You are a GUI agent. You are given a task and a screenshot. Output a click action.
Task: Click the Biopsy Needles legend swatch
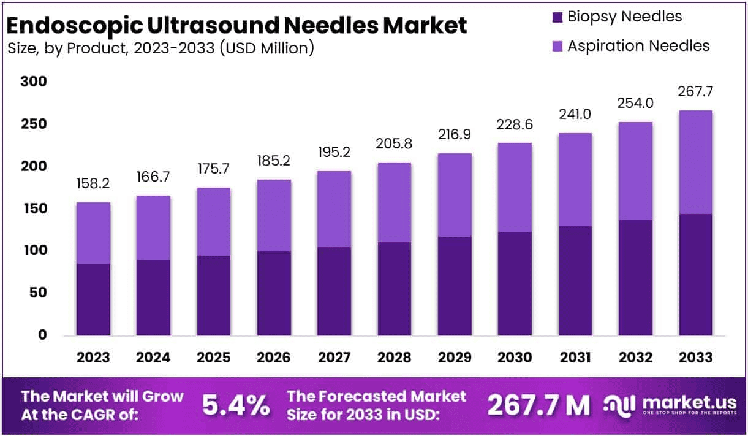[557, 17]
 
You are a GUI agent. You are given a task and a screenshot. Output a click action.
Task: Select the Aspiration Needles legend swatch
[557, 46]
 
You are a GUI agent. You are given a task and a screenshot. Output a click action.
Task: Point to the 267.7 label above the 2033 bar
[696, 92]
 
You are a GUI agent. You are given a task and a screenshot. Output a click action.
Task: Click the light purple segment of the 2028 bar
[394, 202]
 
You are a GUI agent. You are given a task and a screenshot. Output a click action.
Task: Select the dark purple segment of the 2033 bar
[696, 275]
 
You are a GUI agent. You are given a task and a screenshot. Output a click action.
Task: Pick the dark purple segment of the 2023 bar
[94, 300]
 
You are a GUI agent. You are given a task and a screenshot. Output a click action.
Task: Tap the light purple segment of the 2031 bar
[575, 180]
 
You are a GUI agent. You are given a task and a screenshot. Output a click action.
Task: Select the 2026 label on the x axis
[274, 358]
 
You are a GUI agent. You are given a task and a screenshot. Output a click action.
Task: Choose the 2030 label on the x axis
[515, 358]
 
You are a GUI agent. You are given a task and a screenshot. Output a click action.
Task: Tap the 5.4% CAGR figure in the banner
[236, 405]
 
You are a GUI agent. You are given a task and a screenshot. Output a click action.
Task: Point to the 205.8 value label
[394, 145]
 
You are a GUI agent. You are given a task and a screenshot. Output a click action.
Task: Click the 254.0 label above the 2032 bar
[635, 104]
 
